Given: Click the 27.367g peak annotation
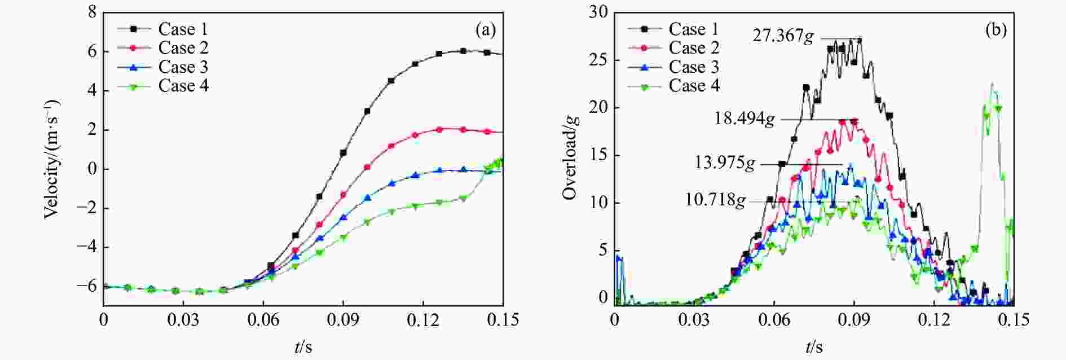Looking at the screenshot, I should click(783, 36).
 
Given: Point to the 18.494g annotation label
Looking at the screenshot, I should click(745, 119).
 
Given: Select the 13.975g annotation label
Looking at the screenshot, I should click(724, 164).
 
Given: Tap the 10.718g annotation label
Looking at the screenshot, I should click(715, 200).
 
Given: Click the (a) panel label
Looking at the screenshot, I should click(486, 30).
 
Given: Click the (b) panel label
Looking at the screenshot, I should click(995, 30).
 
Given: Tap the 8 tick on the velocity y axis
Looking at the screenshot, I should click(92, 12).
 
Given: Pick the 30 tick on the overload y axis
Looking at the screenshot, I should click(598, 12).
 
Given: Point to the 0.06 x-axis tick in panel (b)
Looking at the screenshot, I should click(774, 320).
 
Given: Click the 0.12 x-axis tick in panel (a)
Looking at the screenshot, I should click(423, 320).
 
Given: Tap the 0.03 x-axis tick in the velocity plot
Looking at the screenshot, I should click(183, 320).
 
